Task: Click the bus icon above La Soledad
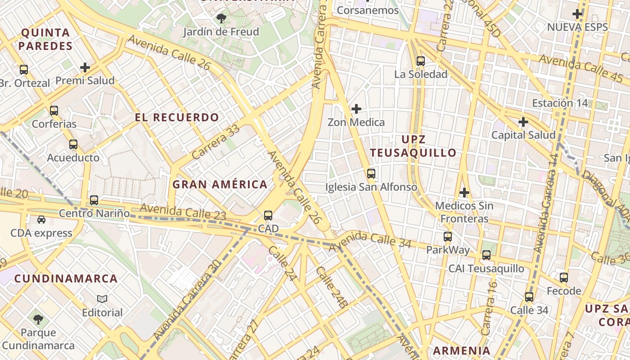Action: (420, 61)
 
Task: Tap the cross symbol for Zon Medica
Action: (356, 109)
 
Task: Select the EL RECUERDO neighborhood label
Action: (177, 117)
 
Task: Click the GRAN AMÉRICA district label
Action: (220, 184)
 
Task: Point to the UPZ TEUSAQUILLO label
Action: (413, 146)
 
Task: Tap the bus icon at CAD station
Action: (268, 216)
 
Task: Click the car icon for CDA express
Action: (41, 220)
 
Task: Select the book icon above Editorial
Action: (102, 299)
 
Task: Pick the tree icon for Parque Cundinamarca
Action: (38, 319)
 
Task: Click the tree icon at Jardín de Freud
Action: (221, 18)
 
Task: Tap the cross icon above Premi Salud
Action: (85, 67)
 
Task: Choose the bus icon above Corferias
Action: (54, 110)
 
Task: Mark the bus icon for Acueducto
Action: (73, 144)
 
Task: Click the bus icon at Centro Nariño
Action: (94, 200)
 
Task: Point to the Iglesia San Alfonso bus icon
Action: (371, 173)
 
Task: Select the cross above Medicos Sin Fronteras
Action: (464, 193)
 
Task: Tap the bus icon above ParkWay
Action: (447, 236)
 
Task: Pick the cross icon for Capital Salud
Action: (523, 121)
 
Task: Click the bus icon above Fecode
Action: (564, 278)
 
